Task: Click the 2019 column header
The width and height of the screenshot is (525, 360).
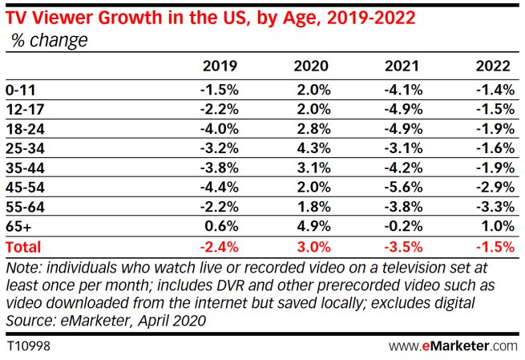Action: pos(220,65)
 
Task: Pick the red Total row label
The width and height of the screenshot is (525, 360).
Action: pos(24,247)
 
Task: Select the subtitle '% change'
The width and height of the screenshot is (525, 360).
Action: pos(49,39)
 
